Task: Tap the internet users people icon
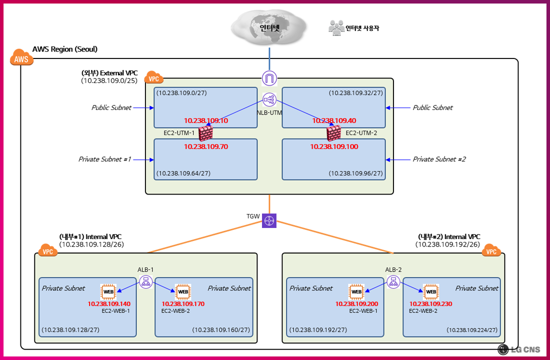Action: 336,27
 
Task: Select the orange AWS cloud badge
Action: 21,58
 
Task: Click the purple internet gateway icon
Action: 269,78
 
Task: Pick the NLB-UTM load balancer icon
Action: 269,99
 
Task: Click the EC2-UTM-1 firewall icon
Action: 205,133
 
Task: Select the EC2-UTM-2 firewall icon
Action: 333,133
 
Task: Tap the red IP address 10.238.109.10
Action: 206,120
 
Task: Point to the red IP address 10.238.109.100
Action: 334,146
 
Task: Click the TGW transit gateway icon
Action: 269,220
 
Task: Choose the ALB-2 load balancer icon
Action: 393,282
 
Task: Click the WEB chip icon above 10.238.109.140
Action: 108,291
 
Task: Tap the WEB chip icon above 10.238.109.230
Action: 430,291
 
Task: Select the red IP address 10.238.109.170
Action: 183,303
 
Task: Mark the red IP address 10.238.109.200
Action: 356,303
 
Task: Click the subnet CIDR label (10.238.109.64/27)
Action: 183,173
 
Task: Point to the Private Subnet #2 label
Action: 439,159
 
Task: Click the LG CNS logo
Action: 519,349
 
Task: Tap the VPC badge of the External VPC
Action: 153,78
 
